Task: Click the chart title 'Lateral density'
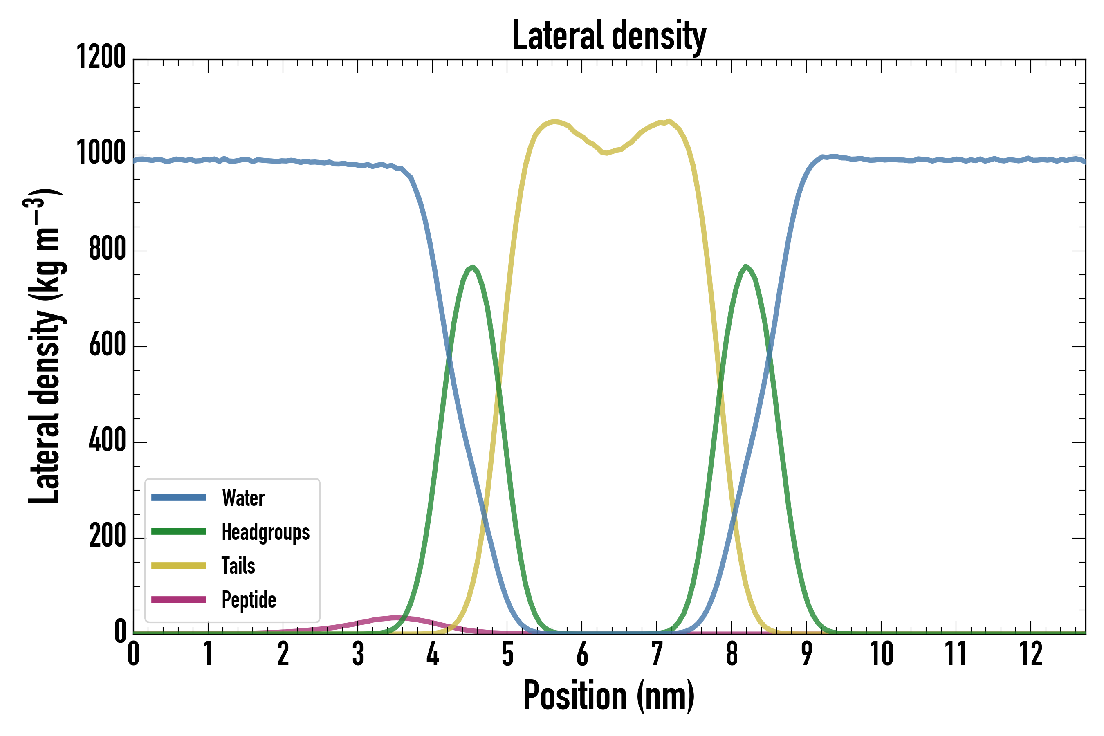(x=609, y=36)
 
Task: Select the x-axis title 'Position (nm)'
(x=609, y=696)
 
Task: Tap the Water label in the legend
(x=243, y=498)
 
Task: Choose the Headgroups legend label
(x=265, y=532)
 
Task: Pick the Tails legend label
(x=238, y=565)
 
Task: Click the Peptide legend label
(x=248, y=600)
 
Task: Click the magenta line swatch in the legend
(x=178, y=600)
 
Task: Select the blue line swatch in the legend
(x=178, y=498)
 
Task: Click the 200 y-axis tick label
(x=108, y=536)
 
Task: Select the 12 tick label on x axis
(x=1031, y=654)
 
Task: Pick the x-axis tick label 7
(x=657, y=654)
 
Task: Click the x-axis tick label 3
(x=358, y=654)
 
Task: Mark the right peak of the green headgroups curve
(x=745, y=266)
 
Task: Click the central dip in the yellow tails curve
(x=606, y=153)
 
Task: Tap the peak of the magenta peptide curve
(x=395, y=618)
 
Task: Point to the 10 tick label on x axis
(x=881, y=654)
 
